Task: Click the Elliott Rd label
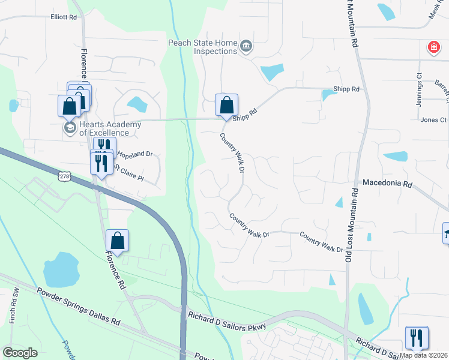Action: (64, 17)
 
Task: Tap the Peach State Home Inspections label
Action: (203, 47)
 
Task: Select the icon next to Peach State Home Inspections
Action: (246, 47)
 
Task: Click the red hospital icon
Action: (432, 47)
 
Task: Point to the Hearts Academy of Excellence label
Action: (110, 128)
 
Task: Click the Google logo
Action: (20, 353)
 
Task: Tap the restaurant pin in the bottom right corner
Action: (416, 338)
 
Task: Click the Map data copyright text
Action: (424, 355)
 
